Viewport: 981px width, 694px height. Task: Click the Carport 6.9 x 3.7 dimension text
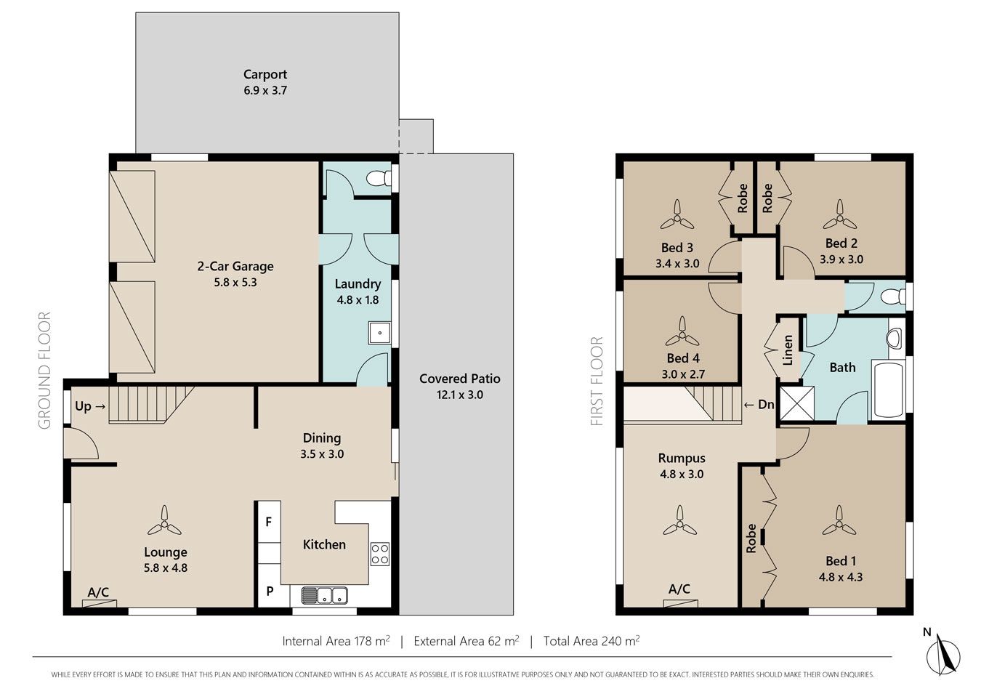(x=265, y=91)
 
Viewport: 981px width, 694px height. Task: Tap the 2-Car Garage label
(x=235, y=266)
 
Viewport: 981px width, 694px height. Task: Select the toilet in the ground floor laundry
(x=379, y=178)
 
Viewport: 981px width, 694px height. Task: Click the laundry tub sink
(x=379, y=333)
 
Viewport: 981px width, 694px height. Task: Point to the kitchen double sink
(x=324, y=595)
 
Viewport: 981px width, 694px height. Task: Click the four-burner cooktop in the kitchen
(x=380, y=554)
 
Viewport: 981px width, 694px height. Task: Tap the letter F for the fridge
(x=269, y=522)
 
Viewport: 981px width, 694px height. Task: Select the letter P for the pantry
(x=270, y=591)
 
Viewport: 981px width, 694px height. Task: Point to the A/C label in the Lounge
(x=98, y=592)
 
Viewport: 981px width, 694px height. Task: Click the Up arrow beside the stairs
(x=100, y=407)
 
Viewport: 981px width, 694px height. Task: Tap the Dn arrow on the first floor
(x=748, y=405)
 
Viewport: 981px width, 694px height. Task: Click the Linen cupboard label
(x=788, y=350)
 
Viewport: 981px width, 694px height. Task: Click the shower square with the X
(x=797, y=403)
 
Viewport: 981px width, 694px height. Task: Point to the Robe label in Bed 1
(x=751, y=538)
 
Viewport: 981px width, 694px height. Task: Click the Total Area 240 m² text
(x=592, y=641)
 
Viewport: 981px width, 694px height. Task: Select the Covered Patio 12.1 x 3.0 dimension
(x=460, y=395)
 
